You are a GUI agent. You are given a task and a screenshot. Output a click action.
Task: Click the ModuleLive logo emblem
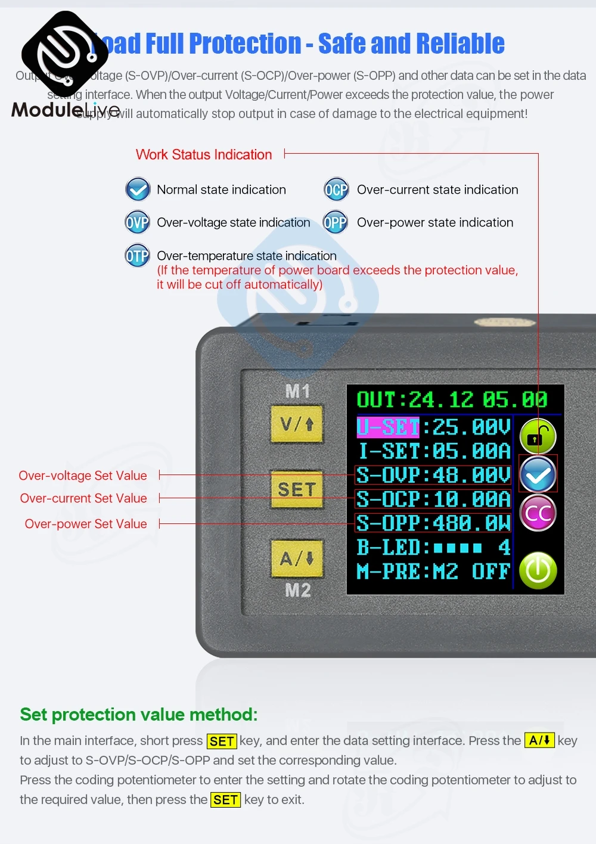pos(64,54)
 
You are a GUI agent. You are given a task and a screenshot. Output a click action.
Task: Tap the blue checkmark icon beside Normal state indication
pos(138,190)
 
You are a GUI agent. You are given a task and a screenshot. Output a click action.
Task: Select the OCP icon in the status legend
pos(336,190)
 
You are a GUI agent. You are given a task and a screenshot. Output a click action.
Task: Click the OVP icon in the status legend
pos(138,223)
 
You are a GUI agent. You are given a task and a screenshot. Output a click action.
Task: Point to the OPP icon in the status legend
pos(335,223)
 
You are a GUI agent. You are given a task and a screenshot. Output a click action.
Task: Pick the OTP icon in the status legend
pos(138,256)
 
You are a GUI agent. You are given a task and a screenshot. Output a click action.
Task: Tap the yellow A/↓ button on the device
pos(297,558)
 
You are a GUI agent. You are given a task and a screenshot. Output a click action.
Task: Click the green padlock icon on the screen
pos(538,437)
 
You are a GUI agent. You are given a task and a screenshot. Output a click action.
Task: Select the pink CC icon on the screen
pos(538,513)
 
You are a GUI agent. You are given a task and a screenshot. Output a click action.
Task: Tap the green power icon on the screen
pos(538,570)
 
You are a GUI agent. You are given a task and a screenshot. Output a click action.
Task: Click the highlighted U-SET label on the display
pos(388,427)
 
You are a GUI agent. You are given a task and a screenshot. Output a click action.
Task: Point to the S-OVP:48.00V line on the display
pos(433,475)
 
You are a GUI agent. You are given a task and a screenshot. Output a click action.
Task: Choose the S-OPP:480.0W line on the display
pos(433,523)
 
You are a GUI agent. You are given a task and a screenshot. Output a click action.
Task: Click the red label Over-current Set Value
pos(83,498)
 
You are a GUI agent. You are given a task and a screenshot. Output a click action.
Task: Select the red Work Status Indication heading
pos(204,154)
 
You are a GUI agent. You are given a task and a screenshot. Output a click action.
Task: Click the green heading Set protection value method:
pos(139,714)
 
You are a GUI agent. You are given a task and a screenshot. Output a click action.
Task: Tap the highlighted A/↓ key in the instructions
pos(539,740)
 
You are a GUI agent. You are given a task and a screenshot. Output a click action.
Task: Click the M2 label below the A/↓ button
pos(298,590)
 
